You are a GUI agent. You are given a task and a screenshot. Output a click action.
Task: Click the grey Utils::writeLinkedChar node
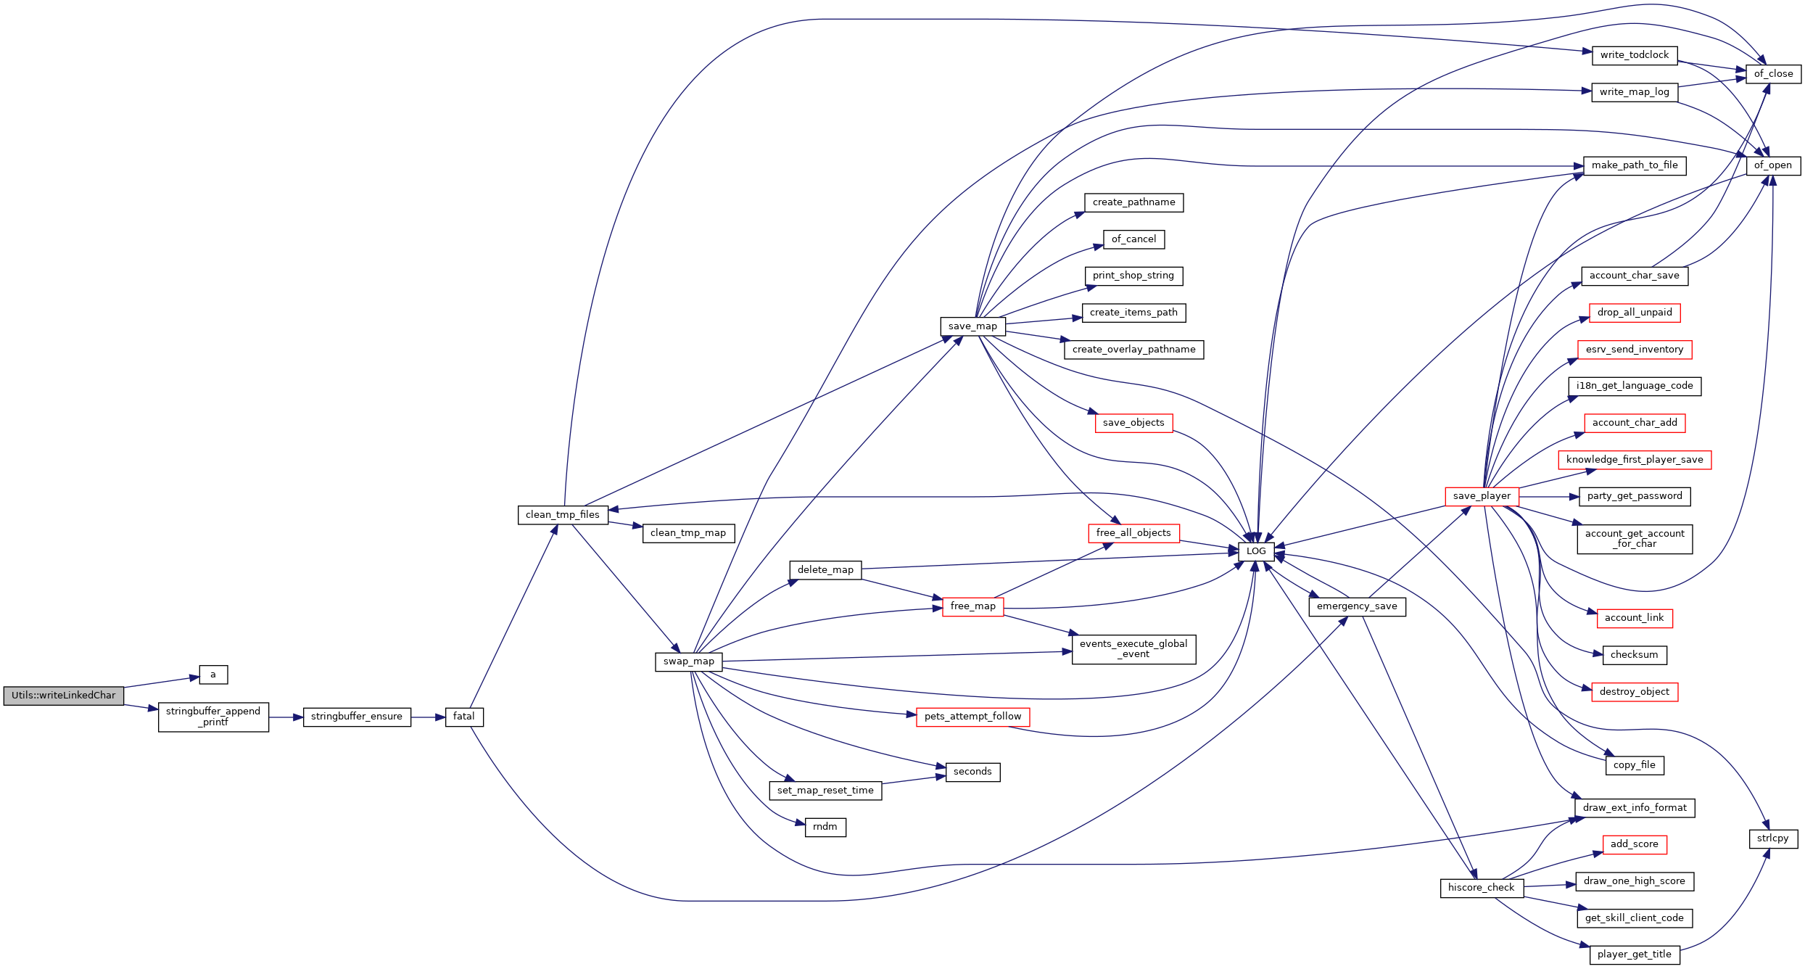tap(64, 696)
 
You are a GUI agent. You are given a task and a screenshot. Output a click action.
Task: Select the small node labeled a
tap(213, 675)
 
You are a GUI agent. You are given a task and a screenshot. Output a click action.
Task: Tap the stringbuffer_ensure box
tap(357, 717)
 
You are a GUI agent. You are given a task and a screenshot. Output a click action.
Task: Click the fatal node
tap(464, 717)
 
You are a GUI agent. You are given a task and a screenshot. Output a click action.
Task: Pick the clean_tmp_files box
tap(563, 515)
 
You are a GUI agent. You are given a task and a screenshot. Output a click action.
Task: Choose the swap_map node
tap(689, 661)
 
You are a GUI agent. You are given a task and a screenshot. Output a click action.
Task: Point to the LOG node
tap(1256, 551)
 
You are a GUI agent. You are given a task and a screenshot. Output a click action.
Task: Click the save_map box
tap(972, 326)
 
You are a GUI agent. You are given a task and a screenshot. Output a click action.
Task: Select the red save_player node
tap(1482, 496)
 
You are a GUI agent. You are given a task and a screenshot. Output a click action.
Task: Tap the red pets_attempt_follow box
tap(972, 717)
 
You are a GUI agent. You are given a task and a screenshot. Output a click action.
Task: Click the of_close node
tap(1773, 74)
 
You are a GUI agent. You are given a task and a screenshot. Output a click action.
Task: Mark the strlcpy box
tap(1773, 838)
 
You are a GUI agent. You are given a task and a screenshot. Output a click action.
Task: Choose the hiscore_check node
tap(1482, 888)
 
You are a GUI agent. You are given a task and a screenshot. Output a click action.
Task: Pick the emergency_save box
tap(1357, 606)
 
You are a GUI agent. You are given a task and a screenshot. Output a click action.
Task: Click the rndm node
tap(825, 827)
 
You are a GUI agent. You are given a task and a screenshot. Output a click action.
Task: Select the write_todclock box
tap(1635, 55)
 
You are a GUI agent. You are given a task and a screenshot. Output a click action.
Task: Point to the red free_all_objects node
tap(1133, 533)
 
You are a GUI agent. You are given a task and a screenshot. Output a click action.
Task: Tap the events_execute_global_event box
tap(1133, 649)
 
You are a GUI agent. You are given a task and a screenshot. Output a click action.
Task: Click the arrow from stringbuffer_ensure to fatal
tap(428, 717)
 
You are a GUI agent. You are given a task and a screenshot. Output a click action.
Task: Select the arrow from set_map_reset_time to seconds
tap(914, 780)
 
